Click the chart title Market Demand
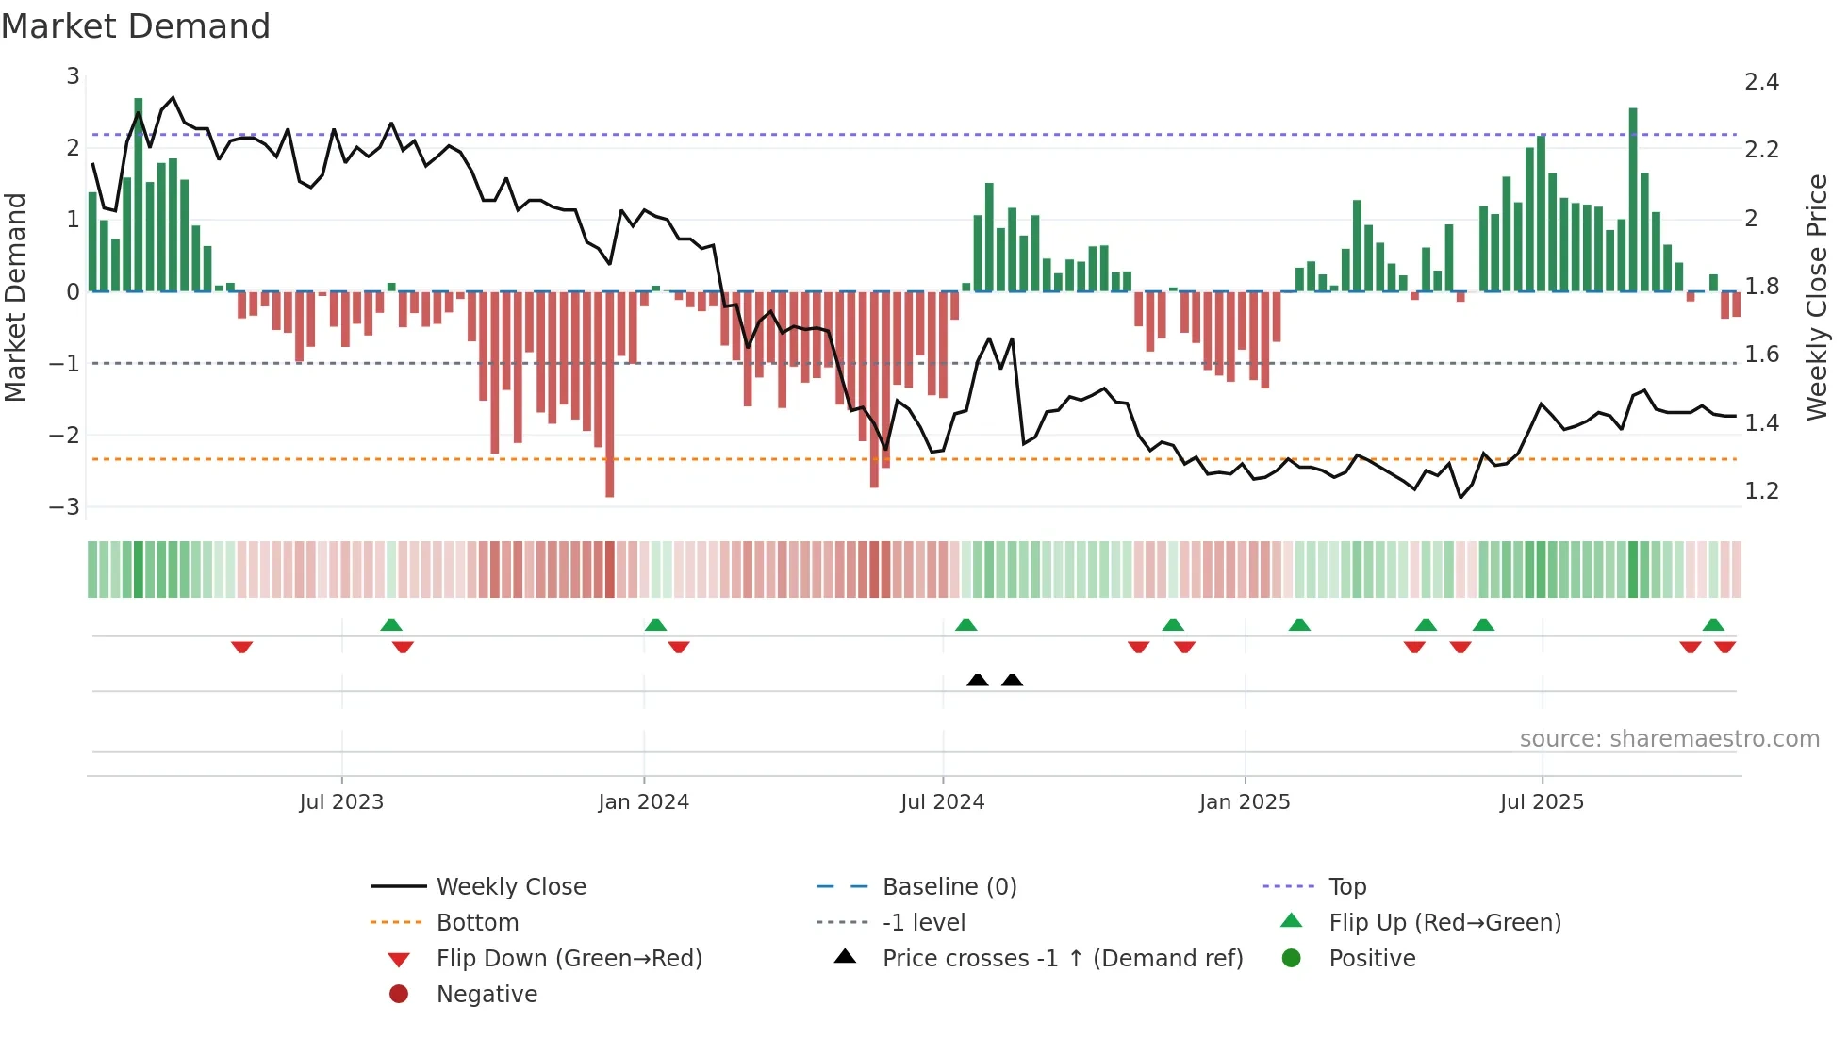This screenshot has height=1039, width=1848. point(136,26)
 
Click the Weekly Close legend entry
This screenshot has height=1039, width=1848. point(510,887)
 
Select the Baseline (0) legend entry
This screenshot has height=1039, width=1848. point(949,887)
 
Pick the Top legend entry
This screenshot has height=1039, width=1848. point(1346,887)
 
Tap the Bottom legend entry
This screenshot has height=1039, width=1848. point(477,923)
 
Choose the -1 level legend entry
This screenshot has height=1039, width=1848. point(923,923)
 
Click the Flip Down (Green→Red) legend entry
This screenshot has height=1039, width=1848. point(569,959)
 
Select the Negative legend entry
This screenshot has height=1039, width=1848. point(487,995)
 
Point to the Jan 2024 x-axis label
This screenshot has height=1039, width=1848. point(643,802)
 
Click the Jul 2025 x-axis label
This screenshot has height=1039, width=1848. point(1542,802)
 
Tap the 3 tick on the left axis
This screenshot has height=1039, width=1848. point(73,76)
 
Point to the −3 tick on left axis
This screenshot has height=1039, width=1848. point(65,507)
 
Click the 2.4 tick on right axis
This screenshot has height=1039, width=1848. point(1761,82)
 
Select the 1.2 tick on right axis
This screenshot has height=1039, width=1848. point(1761,491)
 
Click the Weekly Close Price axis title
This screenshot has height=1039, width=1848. point(1816,297)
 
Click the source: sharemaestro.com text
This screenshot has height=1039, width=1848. point(1669,739)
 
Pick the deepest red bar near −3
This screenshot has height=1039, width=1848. point(610,396)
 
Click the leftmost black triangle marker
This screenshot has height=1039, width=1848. point(978,680)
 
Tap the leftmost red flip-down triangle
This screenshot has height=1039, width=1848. point(241,647)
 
